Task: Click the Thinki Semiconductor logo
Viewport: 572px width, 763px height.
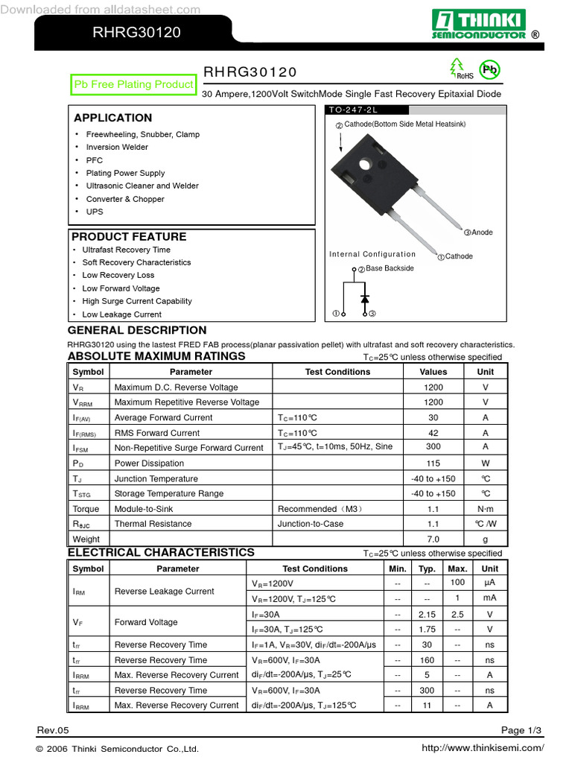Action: pyautogui.click(x=480, y=25)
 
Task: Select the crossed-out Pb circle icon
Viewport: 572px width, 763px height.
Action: pyautogui.click(x=489, y=70)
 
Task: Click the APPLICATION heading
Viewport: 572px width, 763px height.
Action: pyautogui.click(x=112, y=118)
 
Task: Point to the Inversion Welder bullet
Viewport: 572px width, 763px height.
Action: pyautogui.click(x=117, y=148)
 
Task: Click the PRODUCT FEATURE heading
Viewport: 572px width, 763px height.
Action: pyautogui.click(x=129, y=237)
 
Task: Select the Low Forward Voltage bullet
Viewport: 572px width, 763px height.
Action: pyautogui.click(x=121, y=288)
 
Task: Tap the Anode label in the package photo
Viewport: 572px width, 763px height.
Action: pyautogui.click(x=482, y=232)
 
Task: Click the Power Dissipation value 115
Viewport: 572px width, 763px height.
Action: pyautogui.click(x=433, y=463)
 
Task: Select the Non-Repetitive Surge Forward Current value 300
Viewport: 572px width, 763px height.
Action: pyautogui.click(x=433, y=447)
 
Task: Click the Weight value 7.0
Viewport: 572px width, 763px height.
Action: pyautogui.click(x=433, y=539)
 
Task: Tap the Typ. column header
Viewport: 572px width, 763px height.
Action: pyautogui.click(x=427, y=569)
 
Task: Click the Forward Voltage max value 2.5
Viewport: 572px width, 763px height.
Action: pyautogui.click(x=457, y=615)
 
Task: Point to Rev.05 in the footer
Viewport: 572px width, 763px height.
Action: pyautogui.click(x=52, y=729)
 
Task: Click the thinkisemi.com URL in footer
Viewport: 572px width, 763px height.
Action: pyautogui.click(x=483, y=748)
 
